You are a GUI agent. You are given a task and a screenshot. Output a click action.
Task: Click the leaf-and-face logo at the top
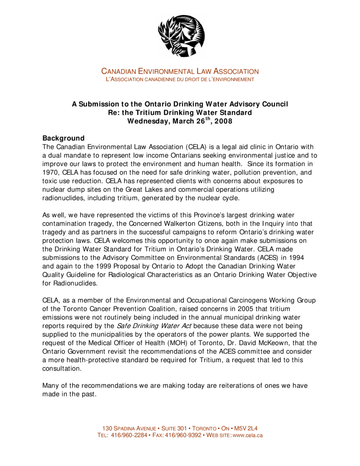coord(181,35)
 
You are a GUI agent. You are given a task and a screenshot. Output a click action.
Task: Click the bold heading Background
coord(63,138)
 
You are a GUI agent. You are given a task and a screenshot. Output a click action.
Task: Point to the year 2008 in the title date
coord(223,122)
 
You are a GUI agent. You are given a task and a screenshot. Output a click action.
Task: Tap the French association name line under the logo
coord(180,80)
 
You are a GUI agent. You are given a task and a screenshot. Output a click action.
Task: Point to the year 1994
coord(303,258)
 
